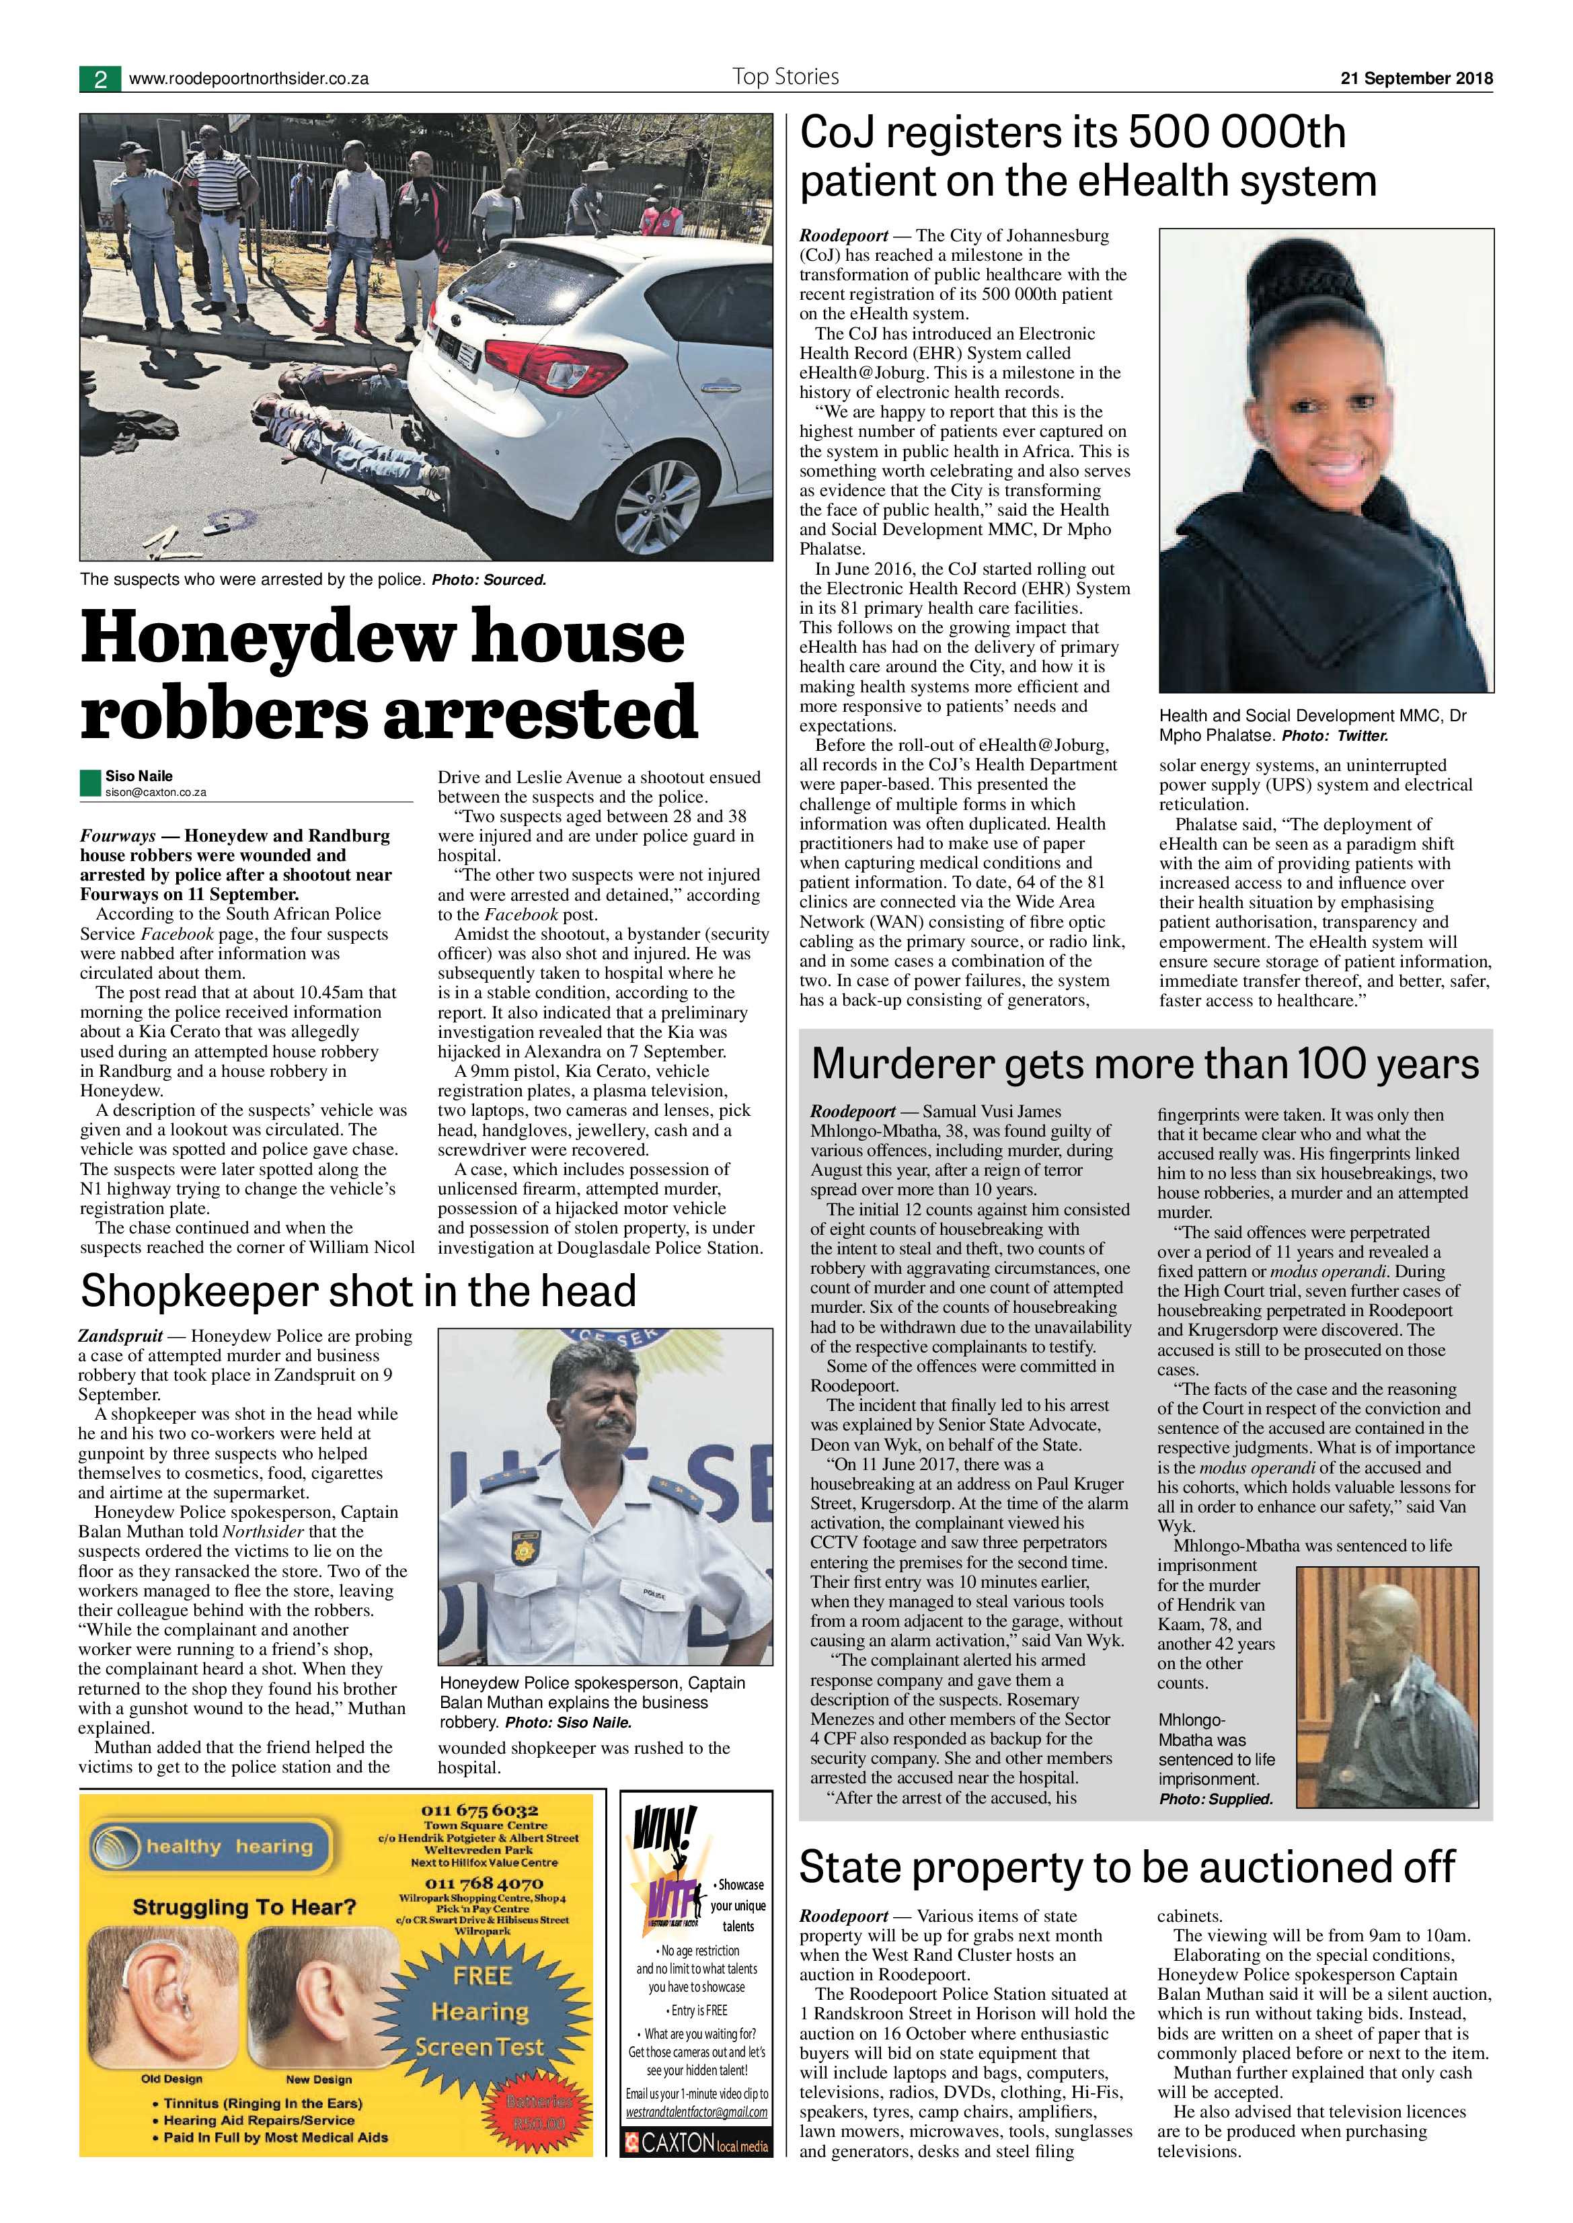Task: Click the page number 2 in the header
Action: click(100, 79)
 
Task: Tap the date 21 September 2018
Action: click(1416, 79)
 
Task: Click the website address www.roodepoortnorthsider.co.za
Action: click(248, 79)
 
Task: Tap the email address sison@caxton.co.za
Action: click(156, 792)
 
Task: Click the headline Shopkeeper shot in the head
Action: click(358, 1291)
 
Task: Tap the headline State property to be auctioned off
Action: click(1126, 1866)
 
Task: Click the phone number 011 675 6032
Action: click(479, 1810)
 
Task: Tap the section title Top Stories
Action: click(785, 77)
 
